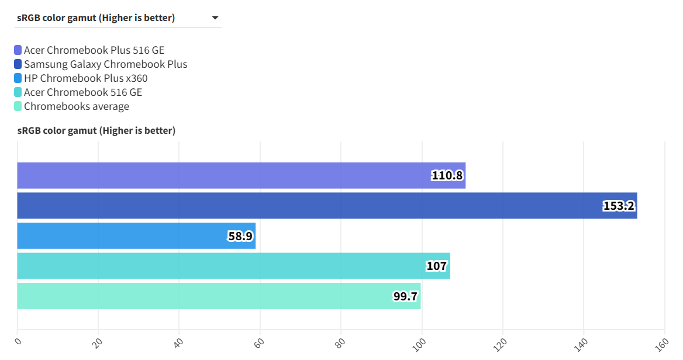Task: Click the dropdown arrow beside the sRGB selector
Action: (215, 18)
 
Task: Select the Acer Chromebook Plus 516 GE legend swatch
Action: (18, 50)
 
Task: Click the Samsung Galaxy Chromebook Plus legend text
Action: (105, 64)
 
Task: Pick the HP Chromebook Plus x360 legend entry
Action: (85, 78)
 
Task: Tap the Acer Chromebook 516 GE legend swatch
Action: (18, 92)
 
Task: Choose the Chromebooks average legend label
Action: (76, 106)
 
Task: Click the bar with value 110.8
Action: (234, 175)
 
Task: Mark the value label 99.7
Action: (405, 296)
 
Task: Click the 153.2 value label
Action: (619, 206)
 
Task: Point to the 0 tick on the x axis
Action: (18, 341)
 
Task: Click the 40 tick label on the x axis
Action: (178, 342)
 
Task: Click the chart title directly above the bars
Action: (96, 130)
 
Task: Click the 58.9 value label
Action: (240, 236)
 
